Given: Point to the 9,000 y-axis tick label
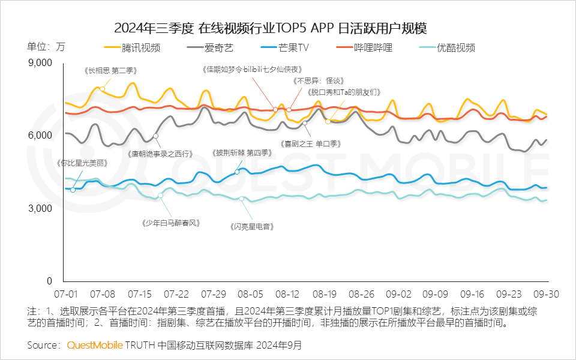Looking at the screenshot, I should click(x=41, y=62).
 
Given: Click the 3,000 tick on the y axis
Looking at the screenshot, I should click(x=41, y=208).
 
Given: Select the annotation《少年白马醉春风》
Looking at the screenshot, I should click(x=171, y=223).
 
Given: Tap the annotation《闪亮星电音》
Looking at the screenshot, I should click(x=251, y=227).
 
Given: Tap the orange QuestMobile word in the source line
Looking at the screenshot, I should click(x=95, y=346).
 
